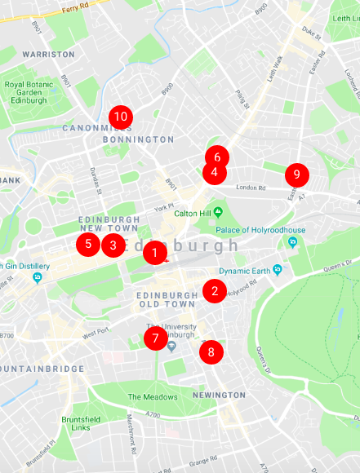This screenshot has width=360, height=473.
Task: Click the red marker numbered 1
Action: (x=154, y=254)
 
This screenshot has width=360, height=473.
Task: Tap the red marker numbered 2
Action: (x=215, y=291)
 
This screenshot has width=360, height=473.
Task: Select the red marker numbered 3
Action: (x=113, y=244)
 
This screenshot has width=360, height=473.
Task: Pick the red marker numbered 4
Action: (x=214, y=173)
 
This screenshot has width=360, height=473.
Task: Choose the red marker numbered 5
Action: (x=88, y=243)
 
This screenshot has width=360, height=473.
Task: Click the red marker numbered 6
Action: (x=217, y=157)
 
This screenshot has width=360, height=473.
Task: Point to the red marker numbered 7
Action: (x=155, y=338)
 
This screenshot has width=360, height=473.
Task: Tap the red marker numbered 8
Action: (x=211, y=352)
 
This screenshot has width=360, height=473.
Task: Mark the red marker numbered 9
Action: (x=297, y=175)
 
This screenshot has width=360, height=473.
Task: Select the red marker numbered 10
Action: (x=121, y=117)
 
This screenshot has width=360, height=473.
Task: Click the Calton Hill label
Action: (x=193, y=214)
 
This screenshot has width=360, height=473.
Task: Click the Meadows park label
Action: (x=152, y=397)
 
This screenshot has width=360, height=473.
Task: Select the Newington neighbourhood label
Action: (x=218, y=395)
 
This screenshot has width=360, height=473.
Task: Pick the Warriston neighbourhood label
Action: (x=48, y=54)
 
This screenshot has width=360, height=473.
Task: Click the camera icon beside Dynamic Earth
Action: (x=278, y=270)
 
